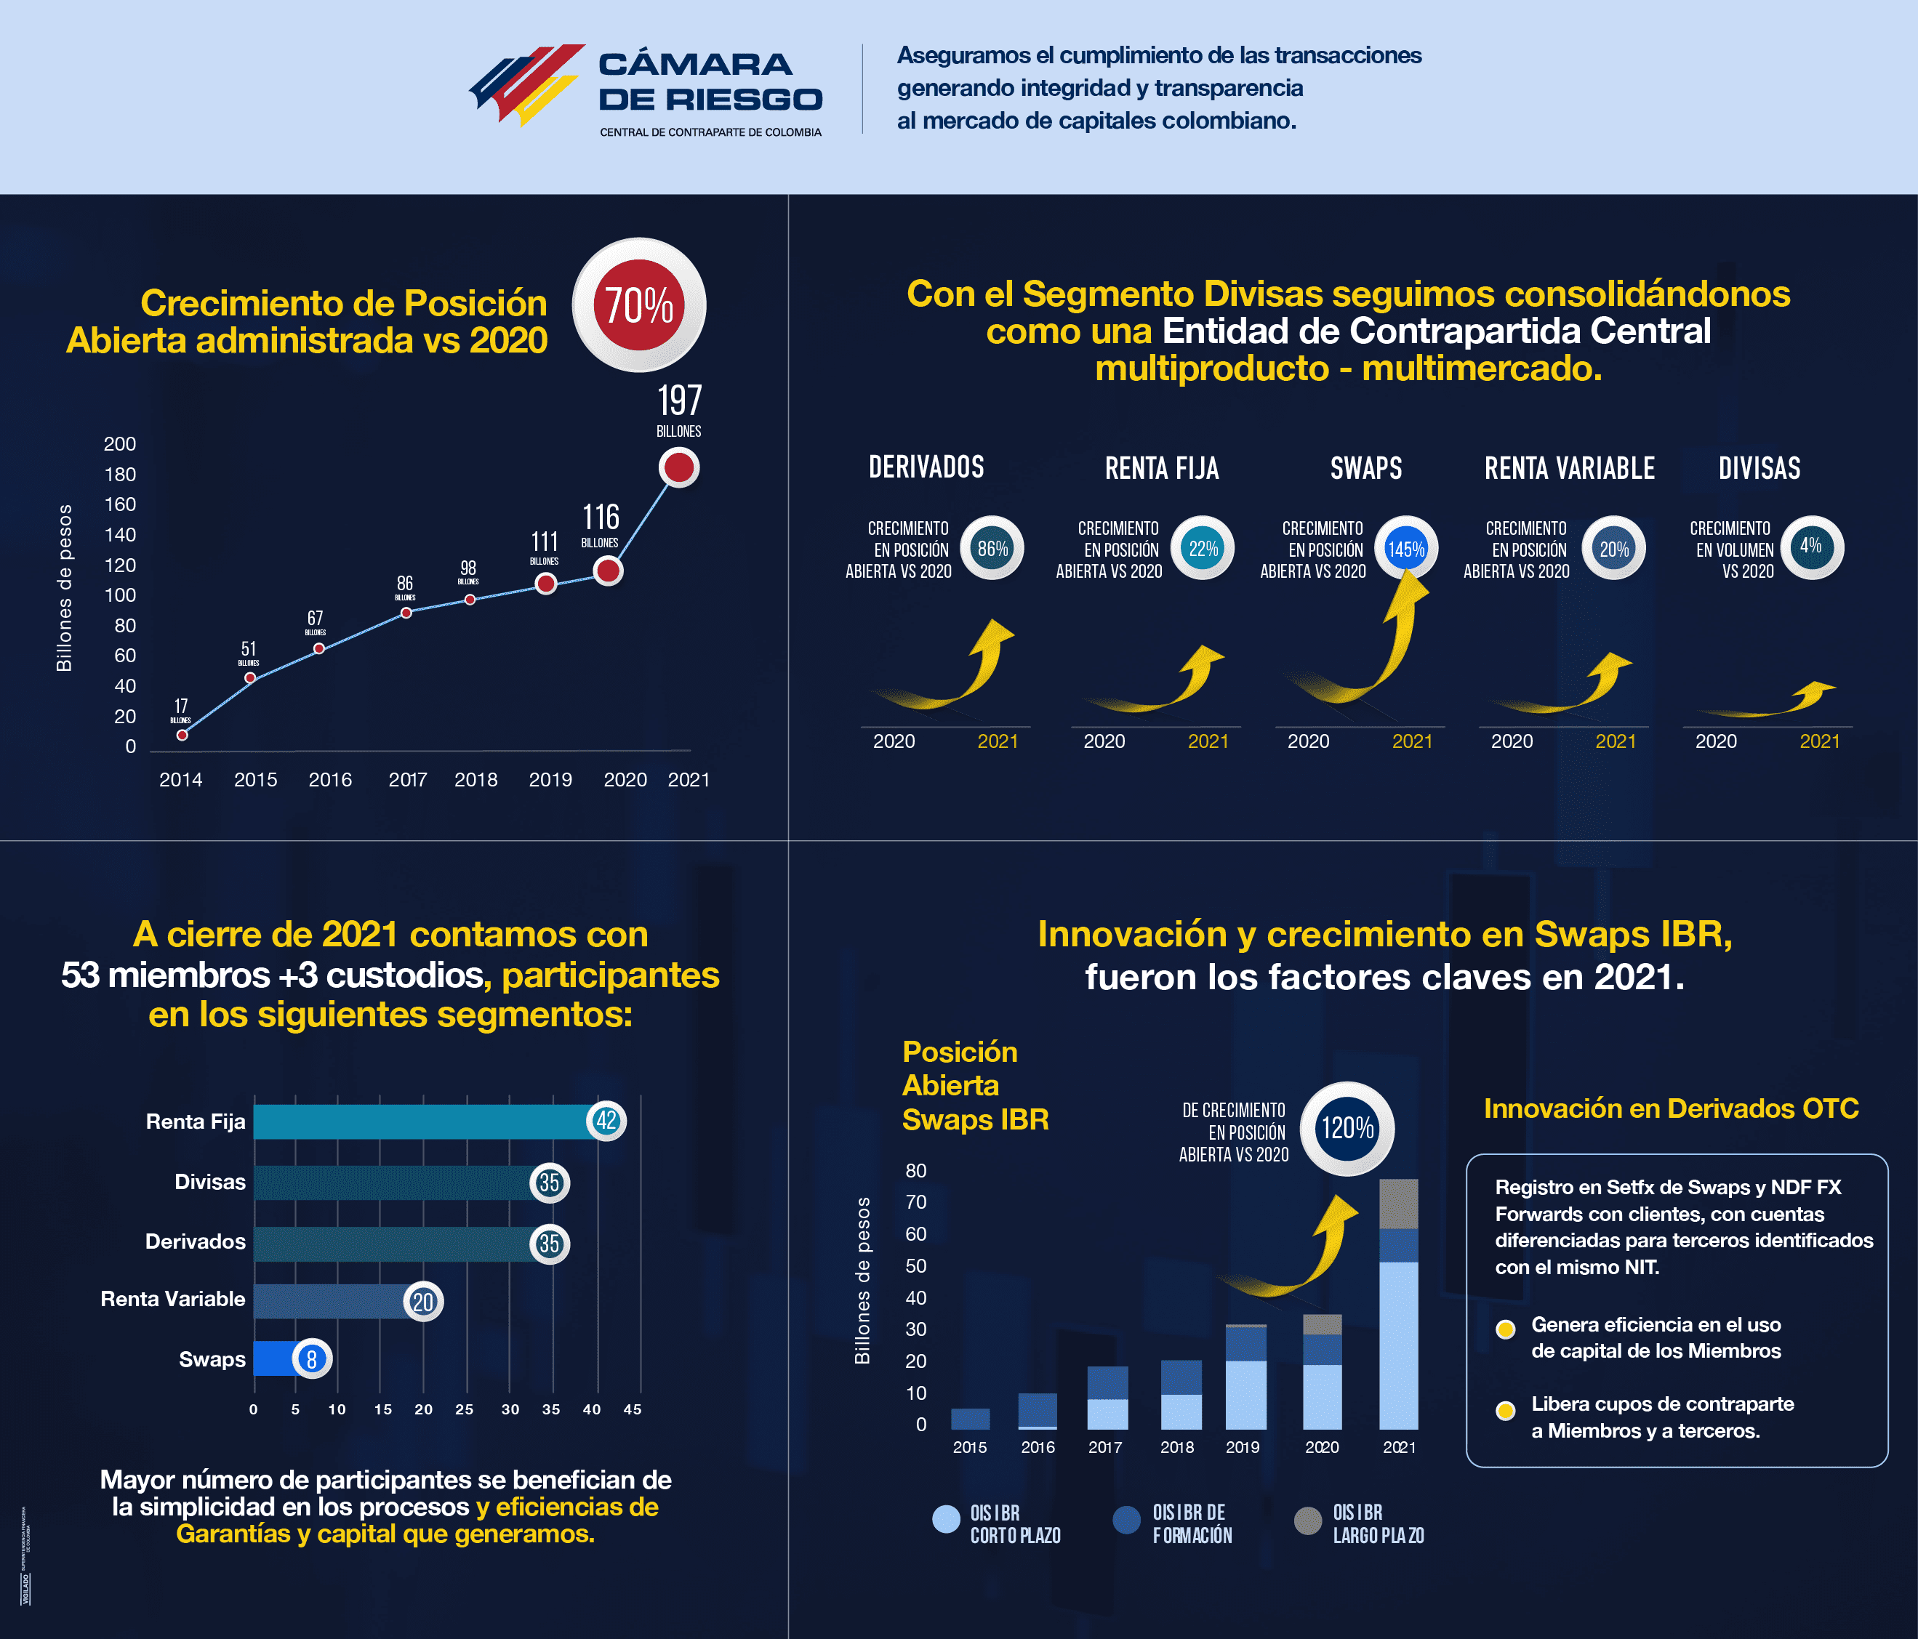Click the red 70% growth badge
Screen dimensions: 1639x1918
pyautogui.click(x=638, y=305)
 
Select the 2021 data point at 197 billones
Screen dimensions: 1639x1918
pyautogui.click(x=678, y=467)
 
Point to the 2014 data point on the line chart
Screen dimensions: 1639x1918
pyautogui.click(x=182, y=735)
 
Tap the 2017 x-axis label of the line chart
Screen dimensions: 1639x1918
pyautogui.click(x=407, y=779)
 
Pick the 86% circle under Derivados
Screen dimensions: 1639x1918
pyautogui.click(x=992, y=548)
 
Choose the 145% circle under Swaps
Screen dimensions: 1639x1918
pyautogui.click(x=1405, y=548)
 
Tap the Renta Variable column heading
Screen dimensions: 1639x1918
pyautogui.click(x=1569, y=468)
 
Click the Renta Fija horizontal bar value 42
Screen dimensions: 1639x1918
pyautogui.click(x=606, y=1121)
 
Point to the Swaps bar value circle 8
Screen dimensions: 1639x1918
pyautogui.click(x=312, y=1359)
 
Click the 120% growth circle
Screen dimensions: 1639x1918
pyautogui.click(x=1347, y=1128)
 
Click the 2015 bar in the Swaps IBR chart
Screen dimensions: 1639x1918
pyautogui.click(x=970, y=1419)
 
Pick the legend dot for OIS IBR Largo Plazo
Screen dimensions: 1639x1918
pyautogui.click(x=1307, y=1520)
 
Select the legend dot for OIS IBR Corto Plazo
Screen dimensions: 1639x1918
pyautogui.click(x=946, y=1520)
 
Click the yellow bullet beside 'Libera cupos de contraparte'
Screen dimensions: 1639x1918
pyautogui.click(x=1505, y=1410)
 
